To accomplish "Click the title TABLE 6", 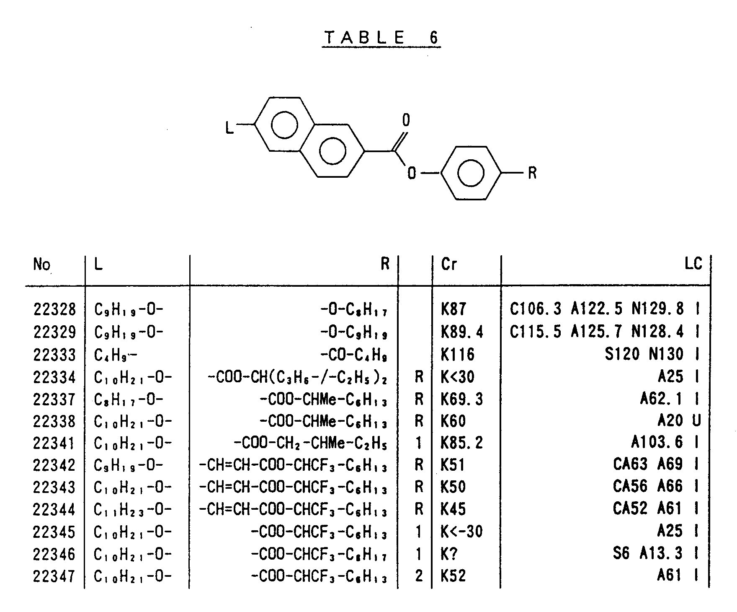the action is click(381, 38).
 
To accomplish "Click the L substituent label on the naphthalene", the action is click(229, 127).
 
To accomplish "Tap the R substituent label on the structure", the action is click(532, 173).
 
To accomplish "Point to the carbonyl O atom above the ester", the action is click(406, 120).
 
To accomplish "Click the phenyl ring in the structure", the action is click(471, 173).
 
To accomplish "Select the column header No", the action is click(41, 265).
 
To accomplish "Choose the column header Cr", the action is click(449, 264).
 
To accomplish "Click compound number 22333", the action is click(54, 355).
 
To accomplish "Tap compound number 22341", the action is click(54, 443).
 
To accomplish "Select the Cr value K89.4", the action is click(462, 332).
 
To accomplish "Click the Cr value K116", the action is click(458, 355).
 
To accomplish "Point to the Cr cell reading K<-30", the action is click(461, 532).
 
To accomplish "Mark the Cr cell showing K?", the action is click(449, 554).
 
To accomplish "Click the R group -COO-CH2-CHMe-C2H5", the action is click(310, 443).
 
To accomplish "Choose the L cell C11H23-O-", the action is click(133, 510).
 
